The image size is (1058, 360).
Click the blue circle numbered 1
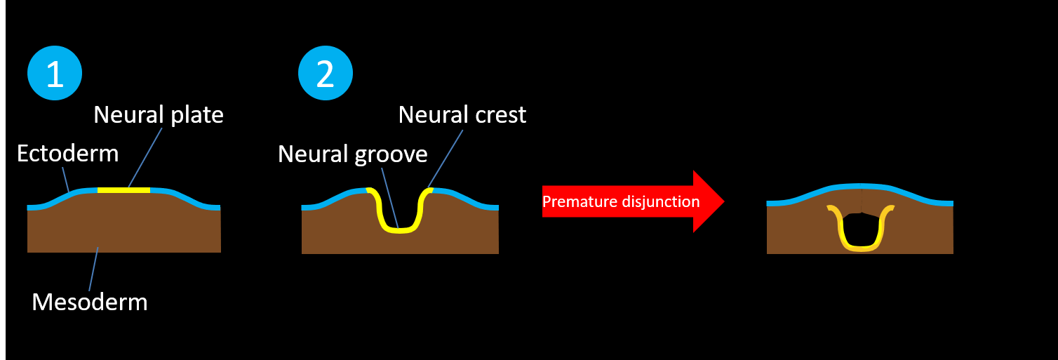[55, 74]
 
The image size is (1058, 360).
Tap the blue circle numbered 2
[326, 74]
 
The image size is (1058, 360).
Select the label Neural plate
[159, 114]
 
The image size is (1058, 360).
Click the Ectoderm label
[67, 153]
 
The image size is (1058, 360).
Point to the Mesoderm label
[90, 302]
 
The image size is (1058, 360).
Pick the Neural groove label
[352, 154]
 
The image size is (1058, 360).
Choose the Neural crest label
[462, 114]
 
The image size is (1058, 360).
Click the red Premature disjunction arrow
[631, 201]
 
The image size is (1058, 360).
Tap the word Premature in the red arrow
[580, 202]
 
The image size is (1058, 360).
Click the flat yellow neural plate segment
[123, 190]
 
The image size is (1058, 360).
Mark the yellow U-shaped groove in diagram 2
[398, 229]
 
